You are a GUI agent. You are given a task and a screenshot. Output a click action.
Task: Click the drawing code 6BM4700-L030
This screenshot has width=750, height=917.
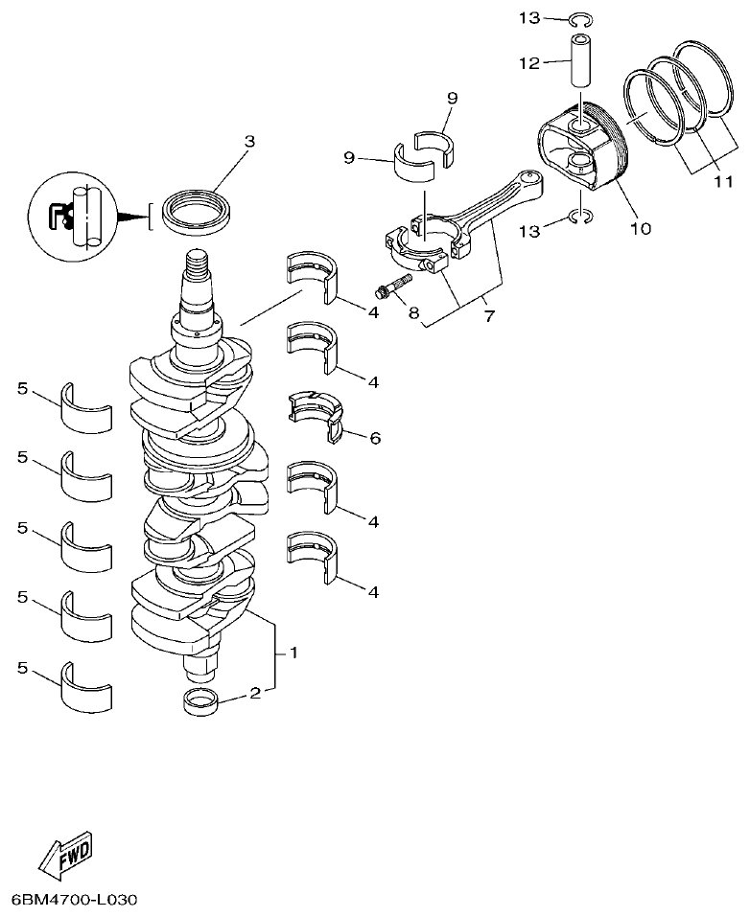(75, 901)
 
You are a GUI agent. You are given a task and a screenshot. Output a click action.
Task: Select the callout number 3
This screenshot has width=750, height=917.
(249, 142)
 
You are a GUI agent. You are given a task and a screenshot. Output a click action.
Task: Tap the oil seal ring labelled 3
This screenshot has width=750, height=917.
(197, 212)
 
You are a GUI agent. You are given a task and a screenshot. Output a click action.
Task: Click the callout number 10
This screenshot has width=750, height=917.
(640, 228)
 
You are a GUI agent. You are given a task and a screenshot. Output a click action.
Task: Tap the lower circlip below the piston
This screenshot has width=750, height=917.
(579, 218)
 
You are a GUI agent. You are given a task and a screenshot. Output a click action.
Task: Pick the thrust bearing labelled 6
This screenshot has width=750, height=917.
(317, 416)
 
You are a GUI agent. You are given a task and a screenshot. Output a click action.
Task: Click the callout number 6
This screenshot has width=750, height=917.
(374, 438)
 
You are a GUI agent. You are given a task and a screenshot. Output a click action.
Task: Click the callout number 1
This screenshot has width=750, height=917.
(293, 653)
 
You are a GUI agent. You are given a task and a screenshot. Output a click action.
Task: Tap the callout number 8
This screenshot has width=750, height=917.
(414, 312)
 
